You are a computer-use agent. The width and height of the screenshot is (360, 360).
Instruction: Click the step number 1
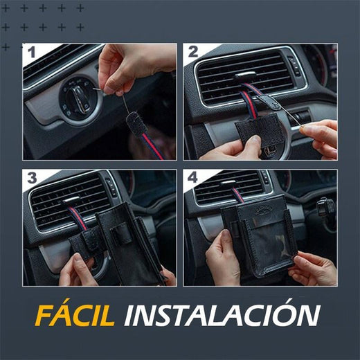30,52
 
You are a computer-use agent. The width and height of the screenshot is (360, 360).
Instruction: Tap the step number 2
192,52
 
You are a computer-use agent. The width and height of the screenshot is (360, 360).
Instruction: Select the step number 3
30,179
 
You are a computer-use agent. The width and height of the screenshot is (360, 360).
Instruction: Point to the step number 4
192,179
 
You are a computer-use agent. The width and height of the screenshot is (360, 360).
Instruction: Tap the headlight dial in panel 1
78,99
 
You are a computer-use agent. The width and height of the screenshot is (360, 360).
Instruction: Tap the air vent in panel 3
69,201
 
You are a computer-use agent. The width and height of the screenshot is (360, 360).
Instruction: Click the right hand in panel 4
315,269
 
